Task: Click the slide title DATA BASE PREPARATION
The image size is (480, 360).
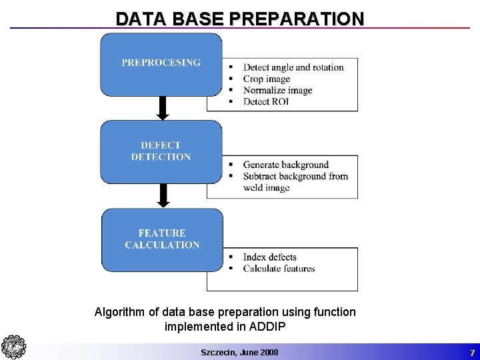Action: (240, 18)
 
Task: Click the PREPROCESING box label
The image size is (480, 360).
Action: (161, 63)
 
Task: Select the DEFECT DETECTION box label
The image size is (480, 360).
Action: (161, 151)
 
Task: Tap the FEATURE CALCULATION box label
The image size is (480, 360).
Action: (162, 239)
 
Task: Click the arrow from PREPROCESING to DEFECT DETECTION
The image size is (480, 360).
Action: (162, 107)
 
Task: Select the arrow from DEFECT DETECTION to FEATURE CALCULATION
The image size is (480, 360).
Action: (162, 195)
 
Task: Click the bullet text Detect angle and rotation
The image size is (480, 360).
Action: (293, 67)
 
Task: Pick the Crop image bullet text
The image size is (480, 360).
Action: (267, 79)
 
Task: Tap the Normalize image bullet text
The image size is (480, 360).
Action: (277, 90)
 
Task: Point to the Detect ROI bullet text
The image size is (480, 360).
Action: (266, 101)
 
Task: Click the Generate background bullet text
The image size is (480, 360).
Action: (286, 165)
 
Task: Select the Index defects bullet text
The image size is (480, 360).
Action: (270, 257)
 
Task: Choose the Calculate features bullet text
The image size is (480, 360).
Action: (279, 269)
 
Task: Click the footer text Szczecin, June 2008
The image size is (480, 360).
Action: (239, 352)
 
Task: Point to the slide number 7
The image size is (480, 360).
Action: (472, 352)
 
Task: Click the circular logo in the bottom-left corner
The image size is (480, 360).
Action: (13, 347)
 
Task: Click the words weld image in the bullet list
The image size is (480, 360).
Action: (267, 187)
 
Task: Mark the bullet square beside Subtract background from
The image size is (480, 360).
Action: (231, 177)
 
